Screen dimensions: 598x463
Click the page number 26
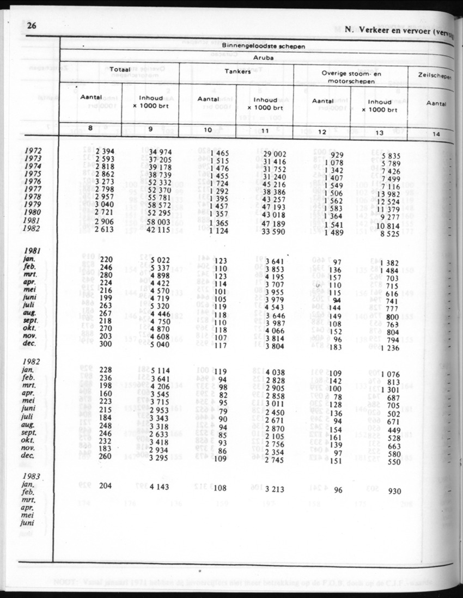pos(31,27)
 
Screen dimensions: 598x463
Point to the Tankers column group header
pos(237,71)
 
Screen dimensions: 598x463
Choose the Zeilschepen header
pos(434,77)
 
